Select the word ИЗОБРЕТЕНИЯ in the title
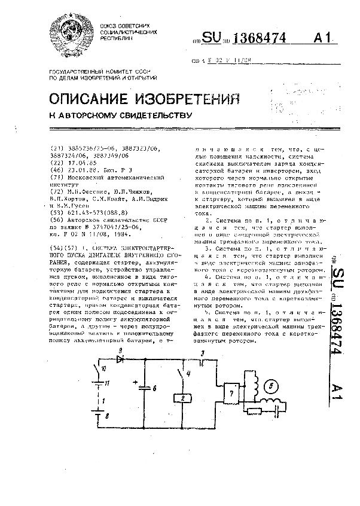tap(172, 99)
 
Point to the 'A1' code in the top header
tap(322, 38)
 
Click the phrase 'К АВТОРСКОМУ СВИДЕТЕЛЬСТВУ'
tap(120, 115)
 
